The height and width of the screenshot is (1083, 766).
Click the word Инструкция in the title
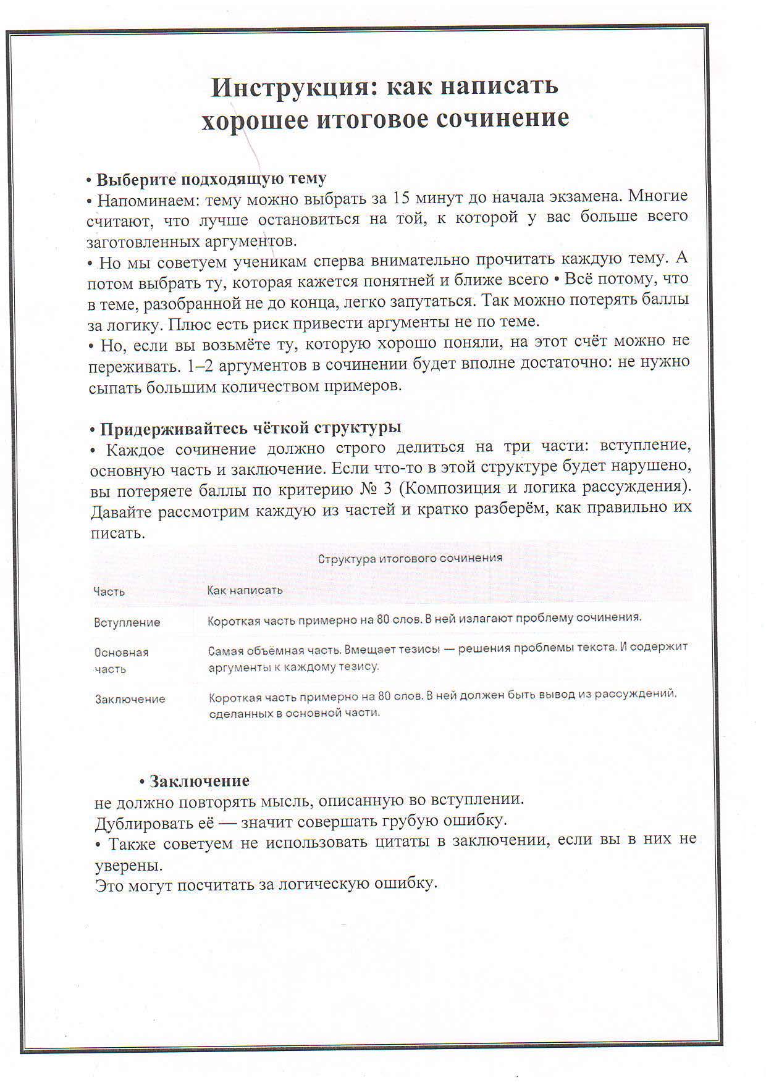[x=288, y=87]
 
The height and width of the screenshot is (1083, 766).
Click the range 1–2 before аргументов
[x=199, y=366]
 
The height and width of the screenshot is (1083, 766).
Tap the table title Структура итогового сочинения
[x=410, y=558]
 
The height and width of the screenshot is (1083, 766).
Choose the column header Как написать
[x=245, y=590]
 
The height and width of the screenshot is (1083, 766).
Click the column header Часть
[x=109, y=592]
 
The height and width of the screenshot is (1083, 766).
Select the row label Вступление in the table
[x=127, y=622]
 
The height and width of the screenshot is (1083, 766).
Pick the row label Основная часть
[x=121, y=660]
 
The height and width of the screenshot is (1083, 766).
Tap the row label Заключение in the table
[x=130, y=699]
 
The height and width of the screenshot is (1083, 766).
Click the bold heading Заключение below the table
[x=199, y=781]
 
